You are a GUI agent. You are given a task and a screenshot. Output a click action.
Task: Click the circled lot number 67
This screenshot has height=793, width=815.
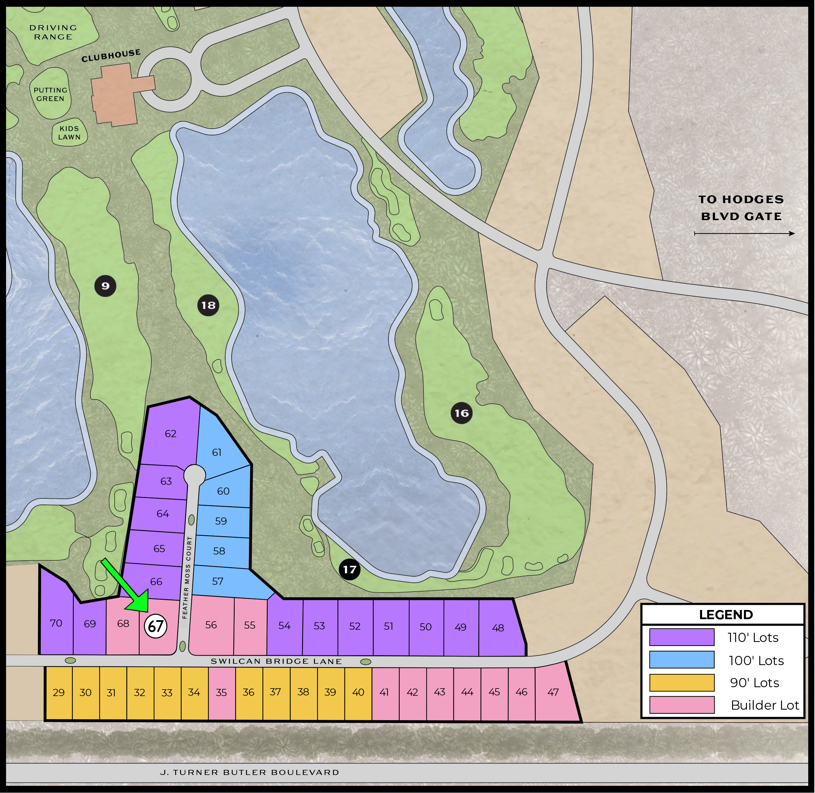[155, 626]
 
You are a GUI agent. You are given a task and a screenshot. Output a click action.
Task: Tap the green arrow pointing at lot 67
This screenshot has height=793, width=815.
[127, 587]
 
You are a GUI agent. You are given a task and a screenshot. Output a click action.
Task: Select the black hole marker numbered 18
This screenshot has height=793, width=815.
[208, 305]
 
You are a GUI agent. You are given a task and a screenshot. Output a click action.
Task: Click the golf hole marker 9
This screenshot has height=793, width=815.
[105, 286]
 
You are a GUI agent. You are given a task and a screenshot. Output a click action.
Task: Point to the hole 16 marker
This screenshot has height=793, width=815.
[462, 413]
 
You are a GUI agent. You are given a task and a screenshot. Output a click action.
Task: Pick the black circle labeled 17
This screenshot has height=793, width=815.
[349, 569]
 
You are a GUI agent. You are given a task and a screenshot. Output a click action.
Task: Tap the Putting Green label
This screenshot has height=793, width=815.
[50, 95]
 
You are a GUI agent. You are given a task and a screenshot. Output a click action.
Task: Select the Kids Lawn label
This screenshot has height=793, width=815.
[69, 133]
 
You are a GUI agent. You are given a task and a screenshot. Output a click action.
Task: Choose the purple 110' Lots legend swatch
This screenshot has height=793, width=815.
[681, 637]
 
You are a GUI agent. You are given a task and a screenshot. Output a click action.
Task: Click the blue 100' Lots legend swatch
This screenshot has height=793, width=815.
[681, 660]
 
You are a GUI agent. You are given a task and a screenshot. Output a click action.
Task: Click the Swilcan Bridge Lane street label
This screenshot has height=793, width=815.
[276, 661]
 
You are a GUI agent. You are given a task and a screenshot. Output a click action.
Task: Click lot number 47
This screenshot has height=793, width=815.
[553, 692]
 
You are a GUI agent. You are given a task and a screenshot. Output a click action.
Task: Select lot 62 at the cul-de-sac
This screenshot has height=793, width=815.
[170, 433]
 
